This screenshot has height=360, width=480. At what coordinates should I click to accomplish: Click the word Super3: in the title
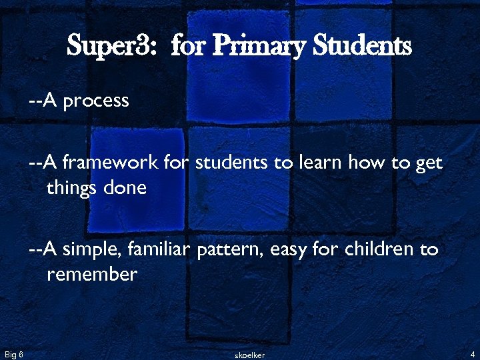(x=113, y=47)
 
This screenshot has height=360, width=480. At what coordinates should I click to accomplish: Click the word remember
(x=92, y=275)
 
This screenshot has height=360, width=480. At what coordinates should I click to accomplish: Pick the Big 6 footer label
(x=14, y=353)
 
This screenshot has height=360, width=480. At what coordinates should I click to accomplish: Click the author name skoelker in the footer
(x=250, y=355)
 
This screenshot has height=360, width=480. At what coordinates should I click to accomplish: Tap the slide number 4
(x=471, y=353)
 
